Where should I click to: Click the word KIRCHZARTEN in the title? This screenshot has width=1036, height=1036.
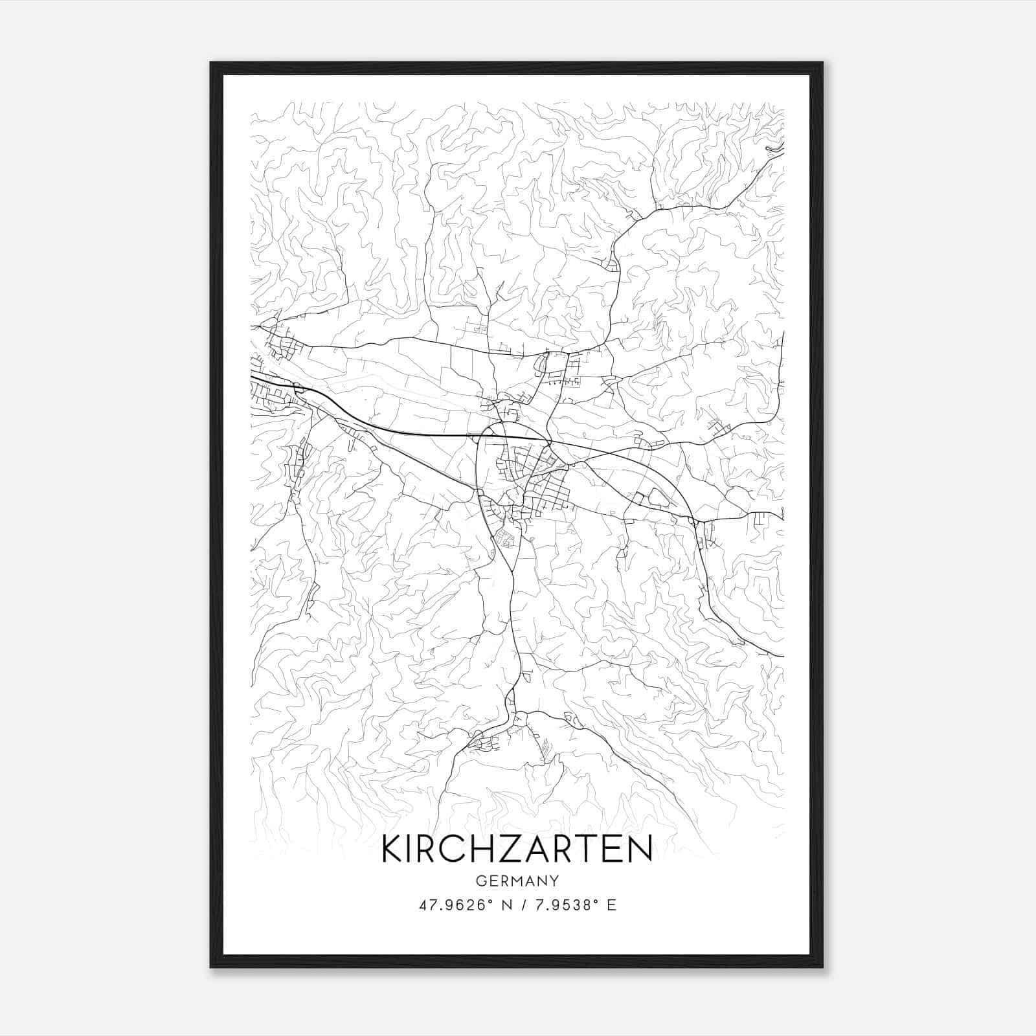tap(517, 849)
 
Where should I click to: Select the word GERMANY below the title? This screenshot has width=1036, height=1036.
tap(517, 881)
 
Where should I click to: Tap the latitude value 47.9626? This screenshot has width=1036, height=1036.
tap(451, 905)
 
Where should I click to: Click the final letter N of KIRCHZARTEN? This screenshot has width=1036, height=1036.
tap(639, 849)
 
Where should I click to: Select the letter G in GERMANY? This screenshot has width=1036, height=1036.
tap(480, 881)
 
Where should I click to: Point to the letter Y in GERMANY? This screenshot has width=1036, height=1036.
tap(554, 881)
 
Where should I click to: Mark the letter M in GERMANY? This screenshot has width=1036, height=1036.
tap(517, 881)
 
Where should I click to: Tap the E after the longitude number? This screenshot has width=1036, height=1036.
tap(611, 905)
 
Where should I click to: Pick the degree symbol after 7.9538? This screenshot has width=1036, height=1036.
tap(593, 901)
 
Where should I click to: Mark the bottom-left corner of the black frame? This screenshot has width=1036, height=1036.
tap(211, 967)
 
